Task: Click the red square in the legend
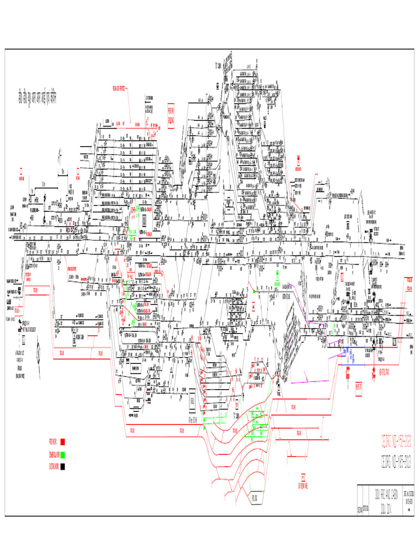(63, 442)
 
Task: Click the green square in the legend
(63, 455)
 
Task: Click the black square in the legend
(63, 466)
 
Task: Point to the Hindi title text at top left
(38, 101)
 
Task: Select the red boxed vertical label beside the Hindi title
(170, 115)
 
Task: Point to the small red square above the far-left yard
(22, 171)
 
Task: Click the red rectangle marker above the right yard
(299, 161)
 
